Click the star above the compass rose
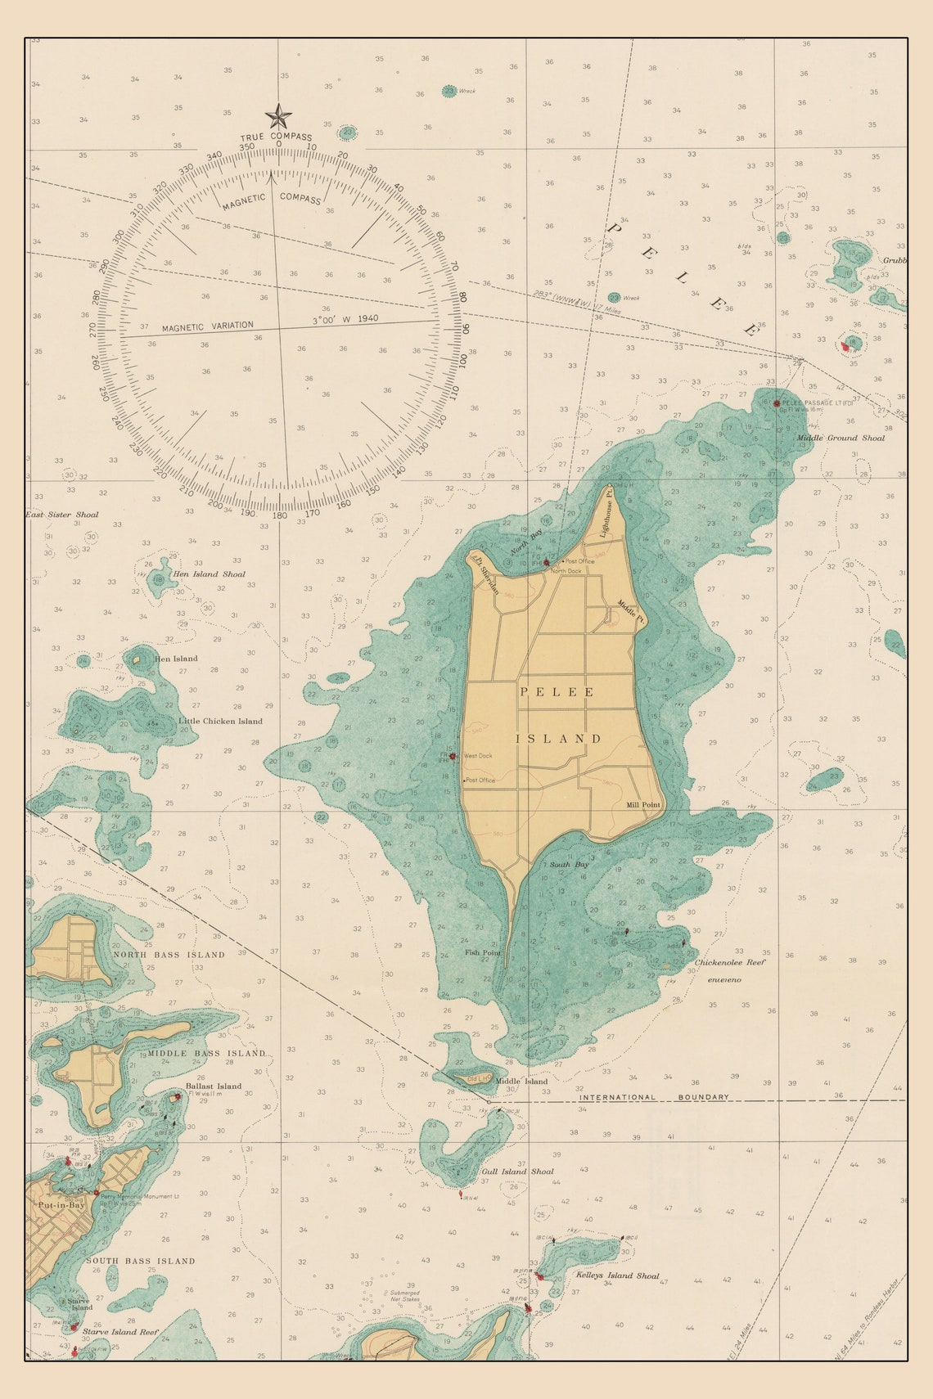[278, 116]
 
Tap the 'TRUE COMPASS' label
[276, 137]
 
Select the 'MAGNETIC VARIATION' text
[208, 326]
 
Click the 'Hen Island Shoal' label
[209, 574]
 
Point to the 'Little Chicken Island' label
[220, 722]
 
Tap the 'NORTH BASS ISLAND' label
[169, 955]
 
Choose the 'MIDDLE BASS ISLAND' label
[206, 1053]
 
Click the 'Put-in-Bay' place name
[61, 1205]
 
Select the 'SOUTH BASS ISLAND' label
[141, 1261]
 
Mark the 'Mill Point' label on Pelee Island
[643, 805]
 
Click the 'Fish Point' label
[482, 952]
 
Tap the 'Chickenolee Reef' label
[730, 963]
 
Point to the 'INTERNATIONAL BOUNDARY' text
[654, 1097]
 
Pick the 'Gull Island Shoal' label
[517, 1172]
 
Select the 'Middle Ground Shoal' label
[841, 438]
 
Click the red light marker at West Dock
[453, 756]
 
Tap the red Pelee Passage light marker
[776, 403]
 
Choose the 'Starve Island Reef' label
[120, 1332]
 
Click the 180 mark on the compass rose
[280, 515]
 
